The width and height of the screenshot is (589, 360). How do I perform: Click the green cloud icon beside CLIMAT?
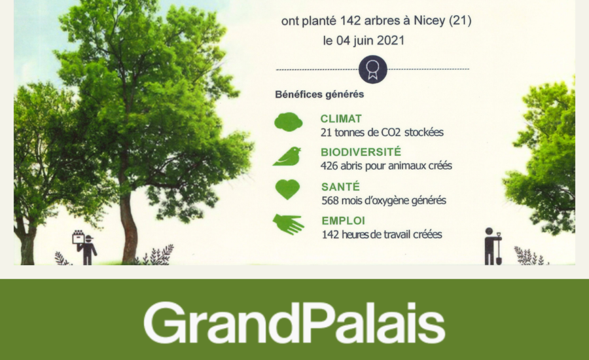click(x=288, y=121)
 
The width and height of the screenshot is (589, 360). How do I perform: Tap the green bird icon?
click(x=287, y=156)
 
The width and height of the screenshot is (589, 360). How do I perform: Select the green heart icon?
click(x=287, y=189)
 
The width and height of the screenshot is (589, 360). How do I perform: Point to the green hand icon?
click(x=288, y=224)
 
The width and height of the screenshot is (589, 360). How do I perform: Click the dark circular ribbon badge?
click(x=372, y=69)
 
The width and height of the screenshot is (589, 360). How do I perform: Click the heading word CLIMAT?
click(x=341, y=118)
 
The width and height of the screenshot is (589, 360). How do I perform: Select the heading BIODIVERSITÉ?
click(x=361, y=152)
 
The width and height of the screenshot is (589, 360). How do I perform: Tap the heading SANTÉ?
click(x=341, y=187)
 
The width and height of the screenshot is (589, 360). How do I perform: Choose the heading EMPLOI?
click(x=344, y=221)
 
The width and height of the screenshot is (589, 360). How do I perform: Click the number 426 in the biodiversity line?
click(x=329, y=166)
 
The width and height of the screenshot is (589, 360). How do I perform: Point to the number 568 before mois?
click(x=330, y=200)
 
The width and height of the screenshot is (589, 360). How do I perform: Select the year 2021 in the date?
click(x=391, y=40)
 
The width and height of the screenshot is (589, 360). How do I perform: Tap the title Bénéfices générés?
click(x=319, y=94)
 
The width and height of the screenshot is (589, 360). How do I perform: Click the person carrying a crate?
click(x=85, y=247)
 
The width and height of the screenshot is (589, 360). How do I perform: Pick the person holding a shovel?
click(x=492, y=246)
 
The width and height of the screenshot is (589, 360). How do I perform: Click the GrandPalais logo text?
click(x=294, y=323)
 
